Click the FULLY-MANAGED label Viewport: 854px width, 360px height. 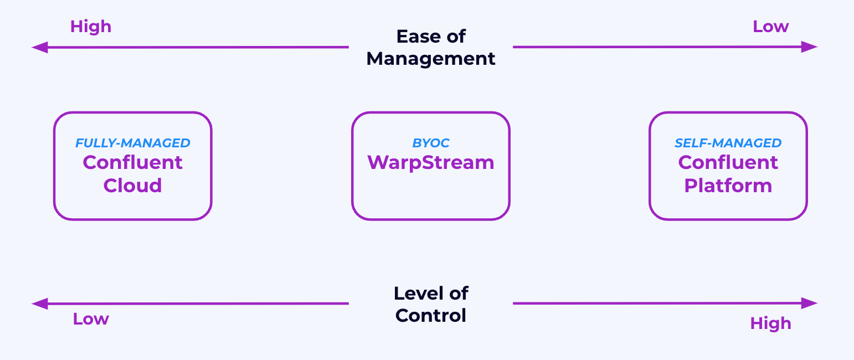(x=133, y=143)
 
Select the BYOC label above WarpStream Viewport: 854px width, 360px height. (x=431, y=143)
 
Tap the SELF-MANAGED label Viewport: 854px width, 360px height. (x=728, y=143)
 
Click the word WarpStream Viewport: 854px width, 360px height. (x=431, y=162)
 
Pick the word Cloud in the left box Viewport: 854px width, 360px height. (x=133, y=185)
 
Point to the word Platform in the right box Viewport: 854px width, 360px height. (x=728, y=185)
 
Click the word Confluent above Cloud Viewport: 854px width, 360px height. (x=133, y=162)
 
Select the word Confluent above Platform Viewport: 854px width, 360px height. (x=728, y=162)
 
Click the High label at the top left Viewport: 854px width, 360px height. (x=91, y=27)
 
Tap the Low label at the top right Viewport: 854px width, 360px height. (x=770, y=27)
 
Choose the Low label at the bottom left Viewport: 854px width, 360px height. (x=91, y=319)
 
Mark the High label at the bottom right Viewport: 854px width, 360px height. (x=770, y=323)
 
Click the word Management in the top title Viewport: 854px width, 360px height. (x=431, y=59)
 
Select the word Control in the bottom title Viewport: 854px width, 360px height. (x=431, y=316)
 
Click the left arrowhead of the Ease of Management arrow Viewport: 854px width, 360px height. (x=39, y=47)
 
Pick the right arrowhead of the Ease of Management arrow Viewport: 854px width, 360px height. (x=811, y=47)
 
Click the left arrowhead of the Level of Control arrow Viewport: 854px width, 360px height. (x=39, y=304)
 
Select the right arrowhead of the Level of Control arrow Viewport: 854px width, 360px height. (x=811, y=303)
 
